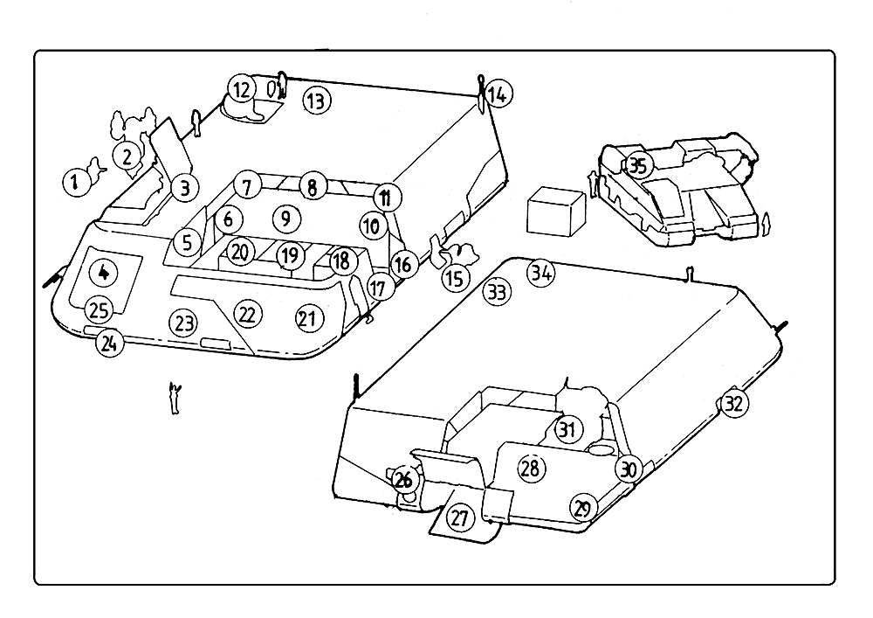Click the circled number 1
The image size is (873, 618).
pyautogui.click(x=76, y=182)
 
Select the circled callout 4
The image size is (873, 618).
pyautogui.click(x=104, y=273)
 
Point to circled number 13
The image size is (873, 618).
pyautogui.click(x=317, y=101)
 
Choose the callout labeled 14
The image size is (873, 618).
pyautogui.click(x=498, y=94)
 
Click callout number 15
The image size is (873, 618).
pyautogui.click(x=456, y=277)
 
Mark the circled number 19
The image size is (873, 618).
pyautogui.click(x=290, y=256)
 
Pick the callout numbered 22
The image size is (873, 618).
pyautogui.click(x=248, y=315)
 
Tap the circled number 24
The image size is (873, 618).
pyautogui.click(x=109, y=344)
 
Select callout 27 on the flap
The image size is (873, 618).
pyautogui.click(x=460, y=518)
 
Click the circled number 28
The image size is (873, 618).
pyautogui.click(x=531, y=468)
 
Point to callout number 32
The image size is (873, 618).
pyautogui.click(x=734, y=404)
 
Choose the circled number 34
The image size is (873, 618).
pyautogui.click(x=541, y=273)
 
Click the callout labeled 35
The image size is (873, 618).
pyautogui.click(x=638, y=165)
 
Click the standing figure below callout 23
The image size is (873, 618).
pyautogui.click(x=176, y=398)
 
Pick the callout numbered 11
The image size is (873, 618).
pyautogui.click(x=385, y=198)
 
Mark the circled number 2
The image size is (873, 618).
pyautogui.click(x=127, y=156)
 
